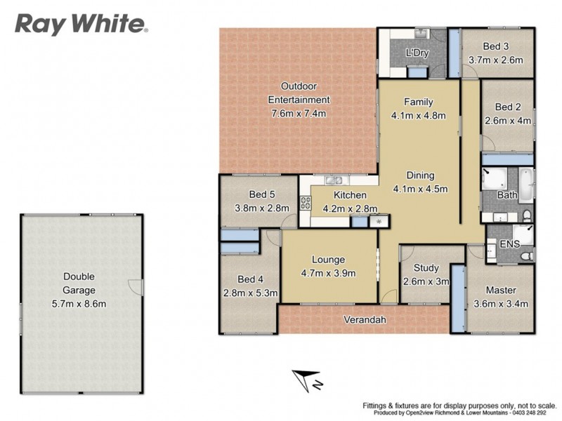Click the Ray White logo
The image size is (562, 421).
coord(81,25)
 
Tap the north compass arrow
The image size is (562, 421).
coord(308,380)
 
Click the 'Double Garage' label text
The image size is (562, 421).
coord(79,283)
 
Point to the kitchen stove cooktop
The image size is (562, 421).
coord(306,203)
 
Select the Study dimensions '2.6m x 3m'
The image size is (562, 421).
coord(426,281)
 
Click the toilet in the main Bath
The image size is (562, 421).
coord(526,215)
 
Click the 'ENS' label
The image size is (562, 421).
coord(509,243)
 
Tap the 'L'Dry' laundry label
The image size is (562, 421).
coord(417,53)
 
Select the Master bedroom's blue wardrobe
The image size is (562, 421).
coord(457,298)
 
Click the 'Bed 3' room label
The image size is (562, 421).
coord(496,47)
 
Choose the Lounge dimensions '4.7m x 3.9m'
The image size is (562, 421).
coord(329,273)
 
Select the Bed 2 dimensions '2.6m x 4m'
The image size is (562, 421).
coord(507,121)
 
